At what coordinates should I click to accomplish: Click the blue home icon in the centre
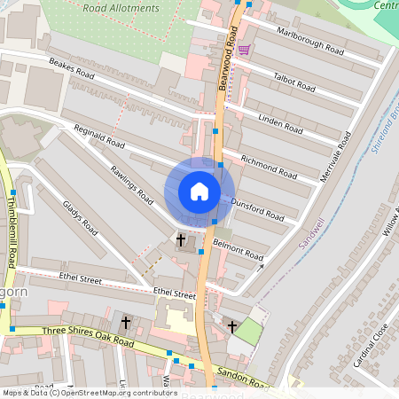(x=199, y=192)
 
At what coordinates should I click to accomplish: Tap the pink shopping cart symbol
(x=244, y=50)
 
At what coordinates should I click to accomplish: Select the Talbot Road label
(x=294, y=82)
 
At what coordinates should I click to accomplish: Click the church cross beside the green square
(x=232, y=327)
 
